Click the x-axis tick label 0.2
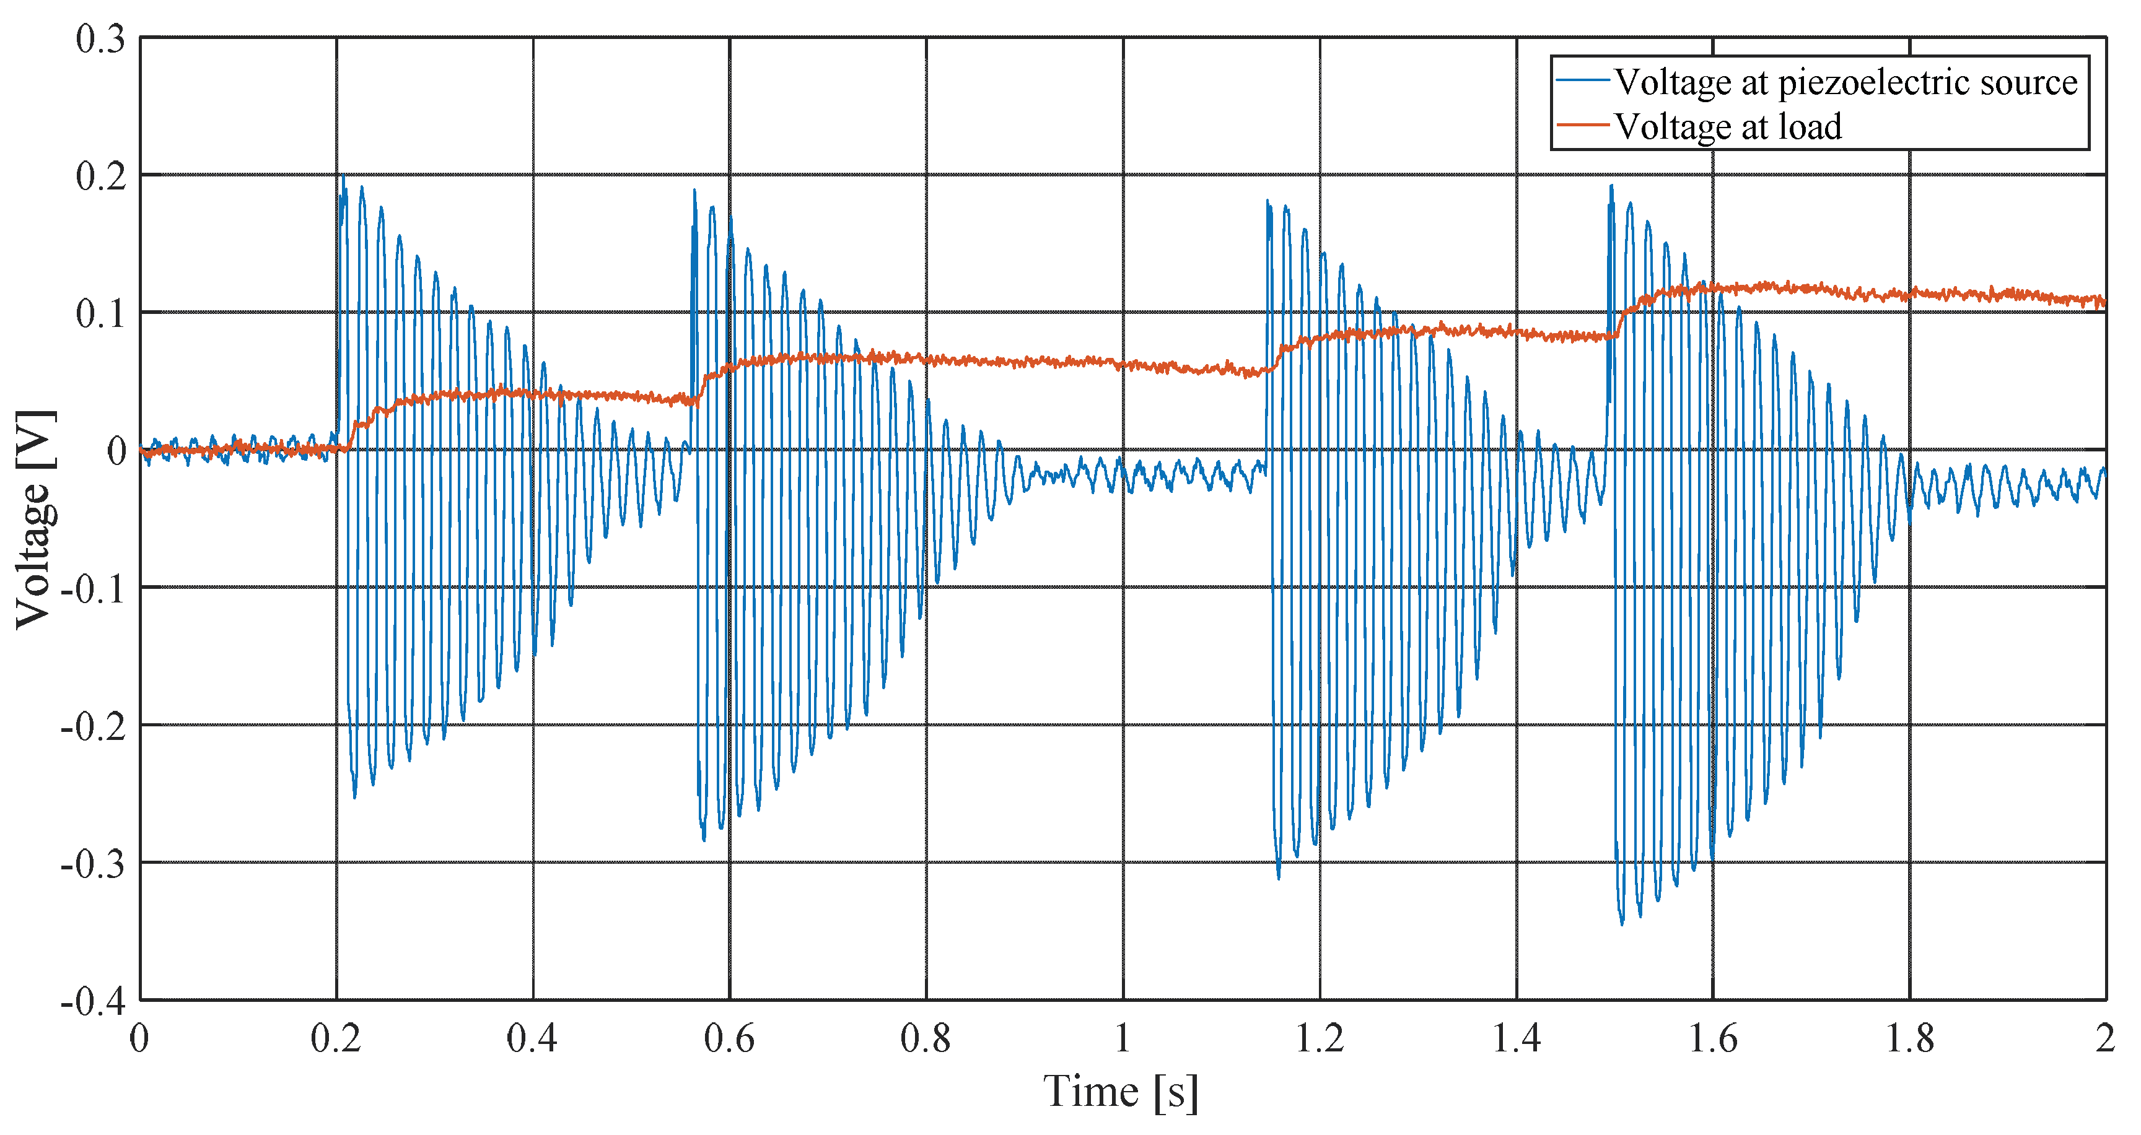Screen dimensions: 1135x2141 pos(336,1038)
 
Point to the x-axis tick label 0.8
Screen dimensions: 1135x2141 pos(926,1038)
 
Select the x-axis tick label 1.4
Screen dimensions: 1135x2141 pos(1516,1038)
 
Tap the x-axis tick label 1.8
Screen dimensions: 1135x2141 pos(1909,1038)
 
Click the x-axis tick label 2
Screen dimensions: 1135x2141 pos(2105,1038)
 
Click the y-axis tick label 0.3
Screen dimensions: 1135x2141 pos(100,39)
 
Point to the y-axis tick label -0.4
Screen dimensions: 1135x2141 pos(93,1001)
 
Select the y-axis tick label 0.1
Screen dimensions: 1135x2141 pos(100,314)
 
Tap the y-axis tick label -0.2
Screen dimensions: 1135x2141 pos(93,727)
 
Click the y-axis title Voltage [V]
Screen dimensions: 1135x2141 pos(35,520)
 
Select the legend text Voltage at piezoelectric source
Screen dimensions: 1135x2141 pos(1845,82)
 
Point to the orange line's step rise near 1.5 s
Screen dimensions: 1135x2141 pos(1621,320)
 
